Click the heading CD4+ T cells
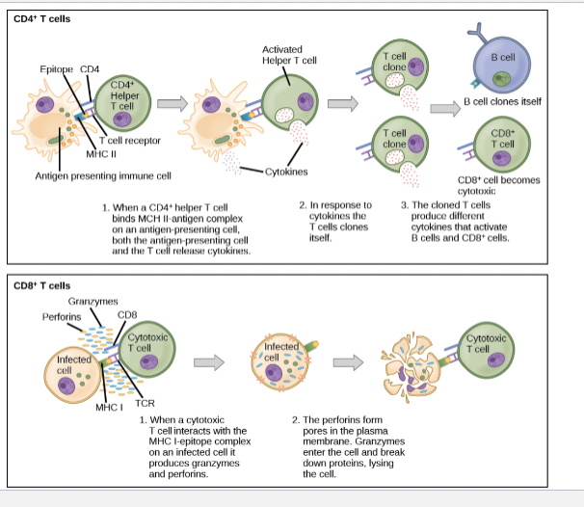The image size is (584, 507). (x=41, y=18)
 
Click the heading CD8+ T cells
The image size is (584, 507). (x=41, y=285)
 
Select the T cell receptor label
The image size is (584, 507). (x=130, y=140)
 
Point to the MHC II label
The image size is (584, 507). (x=101, y=153)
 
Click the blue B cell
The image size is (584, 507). (x=500, y=67)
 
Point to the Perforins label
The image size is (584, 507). (x=61, y=316)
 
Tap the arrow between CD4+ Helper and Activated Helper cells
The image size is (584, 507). (x=173, y=104)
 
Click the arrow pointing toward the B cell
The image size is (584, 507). (x=443, y=108)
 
